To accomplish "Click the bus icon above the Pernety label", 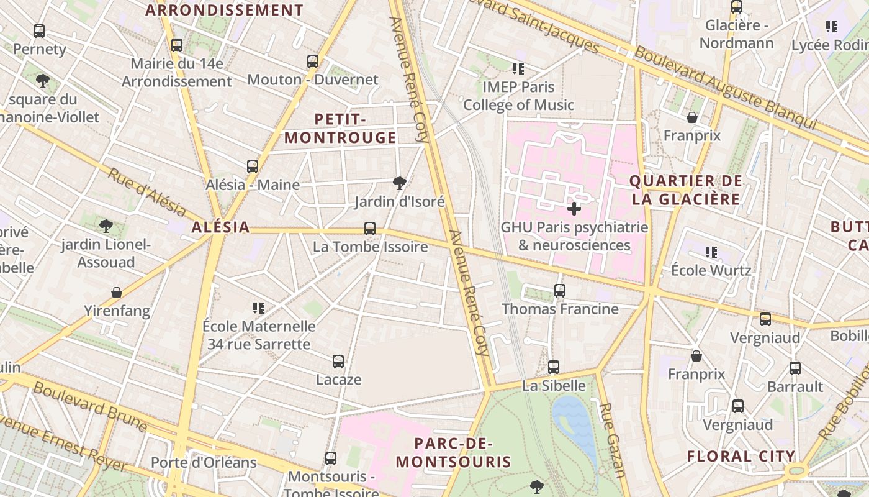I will tap(39, 30).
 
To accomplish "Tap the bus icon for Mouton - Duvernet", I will tap(313, 62).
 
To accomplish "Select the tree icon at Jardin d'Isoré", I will tap(400, 183).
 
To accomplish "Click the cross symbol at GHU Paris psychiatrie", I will tap(574, 209).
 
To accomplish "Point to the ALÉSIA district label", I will tap(220, 227).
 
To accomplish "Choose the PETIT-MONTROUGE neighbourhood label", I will tap(340, 129).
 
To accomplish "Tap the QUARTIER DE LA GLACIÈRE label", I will tap(685, 190).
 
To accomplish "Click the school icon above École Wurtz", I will tap(711, 252).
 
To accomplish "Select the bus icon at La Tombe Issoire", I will tap(370, 229).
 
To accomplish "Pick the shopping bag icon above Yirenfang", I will tap(117, 292).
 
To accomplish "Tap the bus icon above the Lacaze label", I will tap(338, 361).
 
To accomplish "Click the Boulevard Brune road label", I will tap(90, 407).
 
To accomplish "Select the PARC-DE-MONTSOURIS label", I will tap(453, 453).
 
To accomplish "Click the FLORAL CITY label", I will tap(741, 457).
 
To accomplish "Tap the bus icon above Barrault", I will tap(795, 368).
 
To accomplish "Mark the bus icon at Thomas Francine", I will tap(560, 290).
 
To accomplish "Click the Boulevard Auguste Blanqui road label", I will tap(726, 88).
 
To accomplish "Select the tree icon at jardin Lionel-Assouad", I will tap(106, 225).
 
